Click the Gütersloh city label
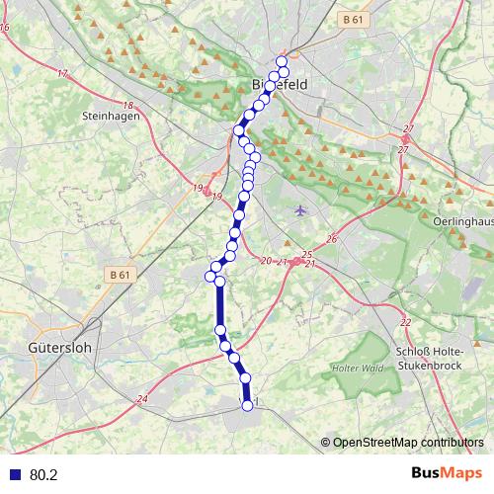(x=56, y=348)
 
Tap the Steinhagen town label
(x=111, y=115)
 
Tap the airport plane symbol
(x=301, y=209)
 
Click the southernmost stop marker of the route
(x=247, y=405)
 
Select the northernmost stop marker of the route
(x=282, y=60)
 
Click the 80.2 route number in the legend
(x=44, y=475)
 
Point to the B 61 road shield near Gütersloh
(x=120, y=274)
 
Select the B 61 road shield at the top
(x=353, y=19)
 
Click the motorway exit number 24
(x=142, y=399)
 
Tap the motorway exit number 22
(x=405, y=323)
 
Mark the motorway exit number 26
(x=332, y=239)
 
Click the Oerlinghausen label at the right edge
(x=463, y=222)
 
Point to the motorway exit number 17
(x=61, y=73)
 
